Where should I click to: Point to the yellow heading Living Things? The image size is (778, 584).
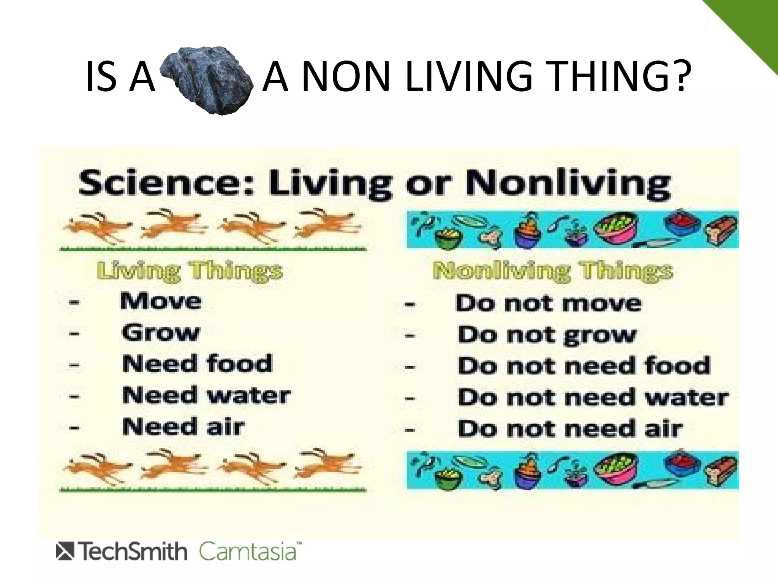tap(189, 271)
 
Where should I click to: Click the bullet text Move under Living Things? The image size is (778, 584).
tap(161, 302)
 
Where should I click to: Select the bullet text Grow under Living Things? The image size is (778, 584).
tap(161, 333)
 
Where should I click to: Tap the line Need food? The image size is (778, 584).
tap(197, 364)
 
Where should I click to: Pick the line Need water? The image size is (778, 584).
tap(206, 395)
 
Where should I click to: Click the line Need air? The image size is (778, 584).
tap(183, 427)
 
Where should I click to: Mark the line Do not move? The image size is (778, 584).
tap(549, 303)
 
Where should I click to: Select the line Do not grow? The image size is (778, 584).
tap(547, 335)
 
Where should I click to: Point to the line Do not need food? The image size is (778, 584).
tap(584, 366)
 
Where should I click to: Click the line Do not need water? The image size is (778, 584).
tap(593, 397)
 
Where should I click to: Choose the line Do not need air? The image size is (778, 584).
tap(570, 428)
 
